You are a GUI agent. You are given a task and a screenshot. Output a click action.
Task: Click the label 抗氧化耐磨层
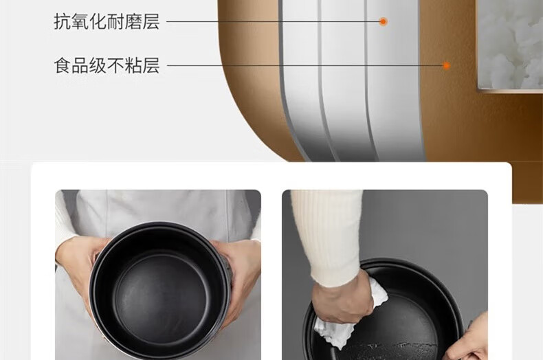[x=107, y=21]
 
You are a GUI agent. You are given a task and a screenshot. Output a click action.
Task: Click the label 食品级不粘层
[x=107, y=65]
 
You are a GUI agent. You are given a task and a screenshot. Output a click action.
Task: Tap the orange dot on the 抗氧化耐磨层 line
[x=383, y=21]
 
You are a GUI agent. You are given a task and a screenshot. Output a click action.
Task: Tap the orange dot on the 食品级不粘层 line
[x=446, y=65]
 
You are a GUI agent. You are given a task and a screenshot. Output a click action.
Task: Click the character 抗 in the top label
[x=63, y=21]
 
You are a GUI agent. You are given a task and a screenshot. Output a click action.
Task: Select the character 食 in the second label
[x=63, y=65]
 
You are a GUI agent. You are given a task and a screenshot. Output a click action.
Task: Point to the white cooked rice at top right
[x=510, y=43]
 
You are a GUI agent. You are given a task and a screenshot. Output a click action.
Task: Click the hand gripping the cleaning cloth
[x=341, y=297]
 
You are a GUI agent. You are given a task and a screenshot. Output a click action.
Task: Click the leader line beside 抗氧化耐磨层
[x=273, y=21]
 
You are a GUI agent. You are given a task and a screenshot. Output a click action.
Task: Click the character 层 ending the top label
[x=151, y=21]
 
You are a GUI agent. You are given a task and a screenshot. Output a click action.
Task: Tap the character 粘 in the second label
[x=133, y=65]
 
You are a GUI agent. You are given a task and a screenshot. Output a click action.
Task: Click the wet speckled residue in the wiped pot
[x=391, y=348]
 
